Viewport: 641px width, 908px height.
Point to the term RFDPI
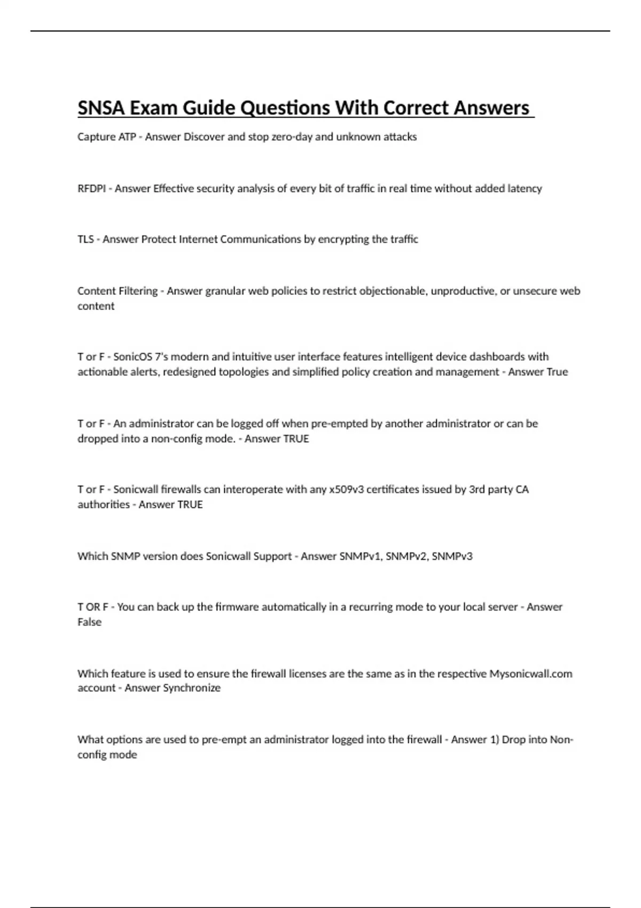[91, 189]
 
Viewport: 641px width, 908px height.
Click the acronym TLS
[85, 239]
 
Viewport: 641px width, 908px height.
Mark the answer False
[89, 622]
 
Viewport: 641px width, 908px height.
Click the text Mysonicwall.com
[531, 674]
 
